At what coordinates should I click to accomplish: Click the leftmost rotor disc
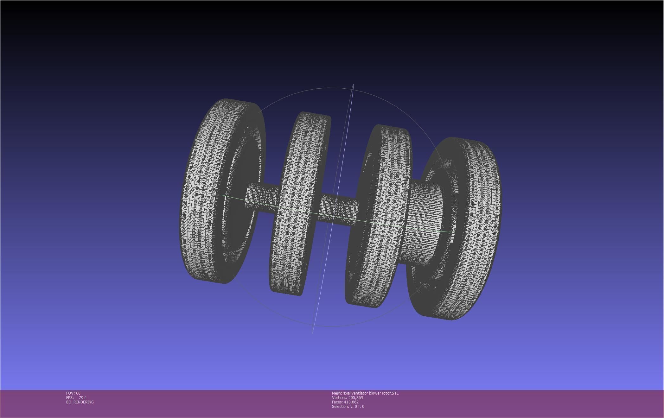coord(206,190)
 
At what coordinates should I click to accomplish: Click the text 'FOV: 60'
coord(73,393)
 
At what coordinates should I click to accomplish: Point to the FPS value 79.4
coord(83,398)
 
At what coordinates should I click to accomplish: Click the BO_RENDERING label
coord(80,402)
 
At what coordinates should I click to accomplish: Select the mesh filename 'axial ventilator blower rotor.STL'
coord(371,393)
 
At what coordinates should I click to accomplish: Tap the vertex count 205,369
coord(355,398)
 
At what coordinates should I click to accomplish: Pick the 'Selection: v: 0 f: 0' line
coord(348,407)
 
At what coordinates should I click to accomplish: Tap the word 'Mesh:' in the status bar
coord(337,393)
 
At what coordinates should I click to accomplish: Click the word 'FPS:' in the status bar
coord(70,398)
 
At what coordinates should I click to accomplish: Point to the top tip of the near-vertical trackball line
coord(353,85)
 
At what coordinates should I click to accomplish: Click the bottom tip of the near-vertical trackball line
coord(312,333)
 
